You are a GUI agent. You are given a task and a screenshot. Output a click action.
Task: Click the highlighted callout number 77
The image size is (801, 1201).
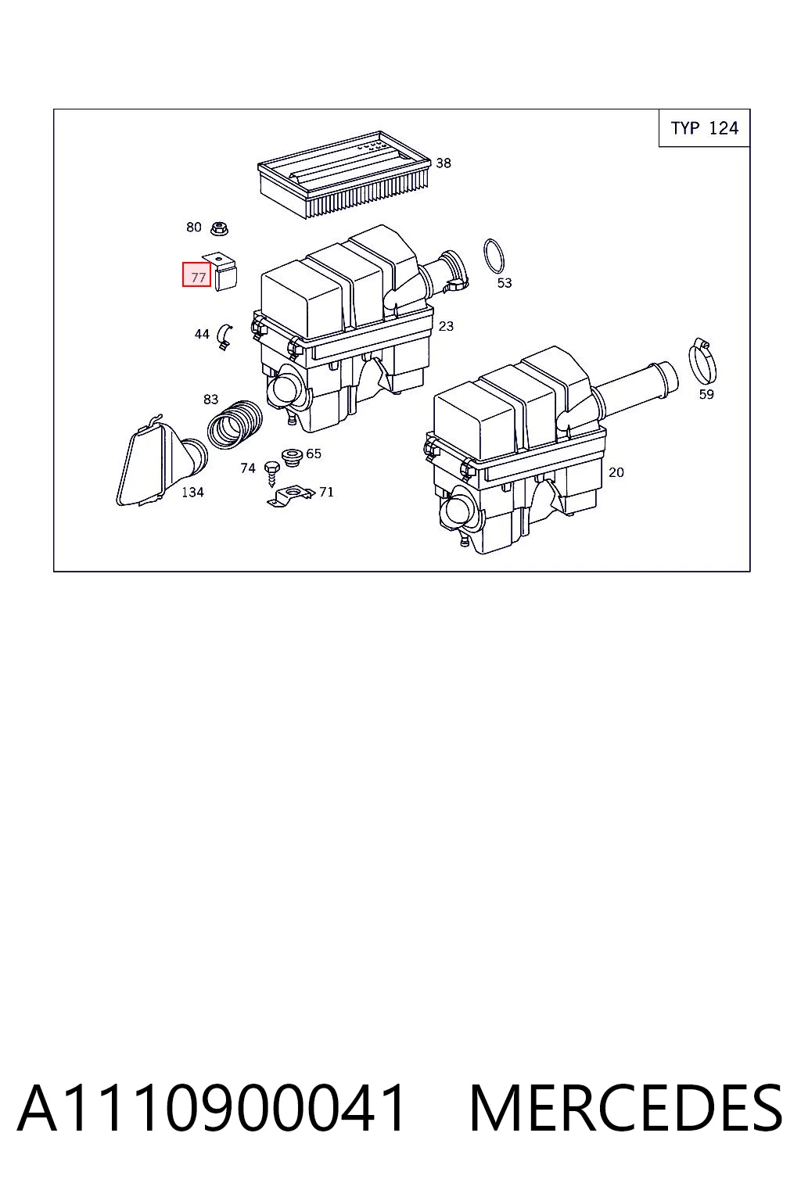click(196, 274)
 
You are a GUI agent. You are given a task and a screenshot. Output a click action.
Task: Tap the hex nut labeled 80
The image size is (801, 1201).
click(219, 228)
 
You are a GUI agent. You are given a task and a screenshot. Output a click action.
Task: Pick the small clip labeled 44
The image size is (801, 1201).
click(224, 337)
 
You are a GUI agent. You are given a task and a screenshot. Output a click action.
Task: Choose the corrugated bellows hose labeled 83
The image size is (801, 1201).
click(235, 425)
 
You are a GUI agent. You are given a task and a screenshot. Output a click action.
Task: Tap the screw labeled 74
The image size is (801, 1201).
click(271, 473)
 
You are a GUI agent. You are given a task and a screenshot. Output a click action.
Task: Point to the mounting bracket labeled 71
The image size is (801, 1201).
click(289, 497)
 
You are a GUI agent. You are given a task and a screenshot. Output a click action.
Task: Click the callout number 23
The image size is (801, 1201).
click(446, 326)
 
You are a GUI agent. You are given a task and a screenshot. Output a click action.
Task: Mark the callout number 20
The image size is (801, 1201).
click(616, 472)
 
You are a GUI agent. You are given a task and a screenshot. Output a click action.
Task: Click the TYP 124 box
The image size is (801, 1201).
click(704, 128)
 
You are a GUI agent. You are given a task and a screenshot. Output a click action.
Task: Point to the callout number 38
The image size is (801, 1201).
click(444, 163)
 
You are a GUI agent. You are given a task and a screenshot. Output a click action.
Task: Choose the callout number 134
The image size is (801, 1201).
click(192, 492)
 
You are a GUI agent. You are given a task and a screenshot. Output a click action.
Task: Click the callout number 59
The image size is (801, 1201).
click(706, 395)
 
